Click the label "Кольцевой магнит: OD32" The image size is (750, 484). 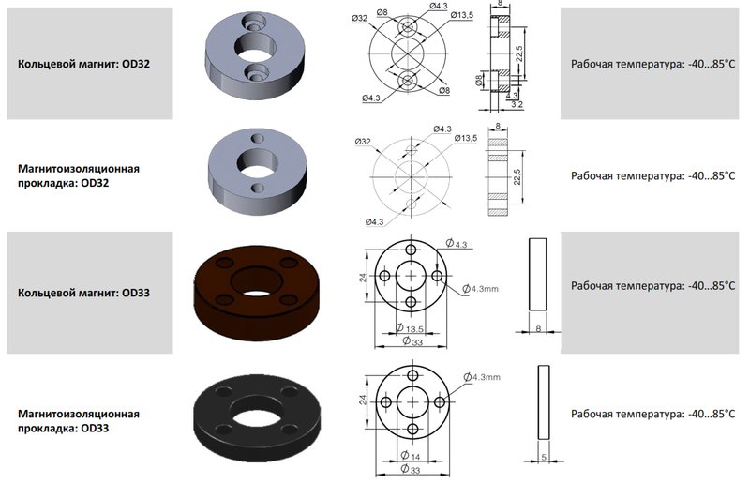point(83,64)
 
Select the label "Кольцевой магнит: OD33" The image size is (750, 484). point(83,293)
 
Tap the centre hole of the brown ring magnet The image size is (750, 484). point(257,281)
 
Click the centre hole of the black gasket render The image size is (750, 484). point(257,412)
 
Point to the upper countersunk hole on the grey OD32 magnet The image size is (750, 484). point(254,21)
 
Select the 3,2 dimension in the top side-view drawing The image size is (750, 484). point(517,104)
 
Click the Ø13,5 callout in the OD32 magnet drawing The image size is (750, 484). point(461,15)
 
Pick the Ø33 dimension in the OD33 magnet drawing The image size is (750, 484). point(412,341)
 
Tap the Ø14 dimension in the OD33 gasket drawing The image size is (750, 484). point(410,455)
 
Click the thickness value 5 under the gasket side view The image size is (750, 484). point(544,457)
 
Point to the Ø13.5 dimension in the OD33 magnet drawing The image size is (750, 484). point(410,328)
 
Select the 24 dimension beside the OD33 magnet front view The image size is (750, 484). point(363,277)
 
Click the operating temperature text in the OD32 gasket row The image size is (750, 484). point(652,175)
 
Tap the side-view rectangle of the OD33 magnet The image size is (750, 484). point(537,274)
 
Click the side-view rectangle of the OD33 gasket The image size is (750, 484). point(544,402)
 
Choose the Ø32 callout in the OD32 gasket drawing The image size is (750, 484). point(363,142)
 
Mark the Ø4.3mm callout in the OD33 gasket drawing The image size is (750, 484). point(482,377)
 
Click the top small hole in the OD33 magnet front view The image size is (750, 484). point(411,250)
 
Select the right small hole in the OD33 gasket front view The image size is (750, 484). point(439,402)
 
